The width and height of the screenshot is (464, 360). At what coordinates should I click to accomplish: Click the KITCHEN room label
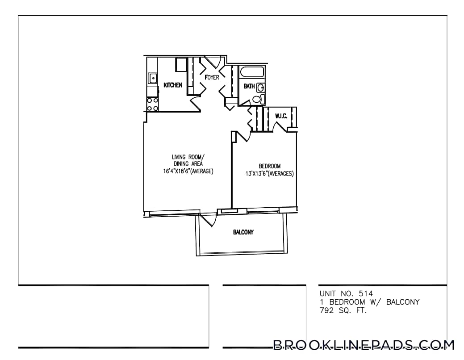[173, 85]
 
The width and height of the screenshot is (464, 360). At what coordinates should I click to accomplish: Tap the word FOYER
[212, 77]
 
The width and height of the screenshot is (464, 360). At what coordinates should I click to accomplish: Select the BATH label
[249, 86]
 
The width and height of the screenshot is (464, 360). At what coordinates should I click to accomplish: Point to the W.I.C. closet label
[281, 116]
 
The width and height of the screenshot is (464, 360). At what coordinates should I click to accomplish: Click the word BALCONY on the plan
[243, 232]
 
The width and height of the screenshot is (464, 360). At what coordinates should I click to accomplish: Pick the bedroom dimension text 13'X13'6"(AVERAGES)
[269, 174]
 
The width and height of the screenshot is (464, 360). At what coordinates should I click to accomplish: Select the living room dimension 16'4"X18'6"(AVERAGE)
[188, 171]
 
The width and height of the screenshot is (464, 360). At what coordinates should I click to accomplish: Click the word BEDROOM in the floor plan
[270, 166]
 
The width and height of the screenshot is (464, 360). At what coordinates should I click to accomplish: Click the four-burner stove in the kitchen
[152, 105]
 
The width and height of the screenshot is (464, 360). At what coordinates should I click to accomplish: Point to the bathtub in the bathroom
[252, 72]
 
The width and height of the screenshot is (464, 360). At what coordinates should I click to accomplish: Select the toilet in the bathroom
[257, 99]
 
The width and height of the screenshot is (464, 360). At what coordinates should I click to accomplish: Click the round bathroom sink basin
[260, 88]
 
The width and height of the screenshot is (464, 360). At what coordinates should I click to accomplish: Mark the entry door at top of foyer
[213, 62]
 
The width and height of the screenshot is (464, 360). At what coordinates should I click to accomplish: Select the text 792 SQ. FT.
[343, 310]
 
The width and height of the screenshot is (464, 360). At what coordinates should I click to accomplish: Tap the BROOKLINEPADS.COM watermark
[363, 345]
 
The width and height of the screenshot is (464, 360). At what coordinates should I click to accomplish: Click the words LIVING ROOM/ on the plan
[188, 157]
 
